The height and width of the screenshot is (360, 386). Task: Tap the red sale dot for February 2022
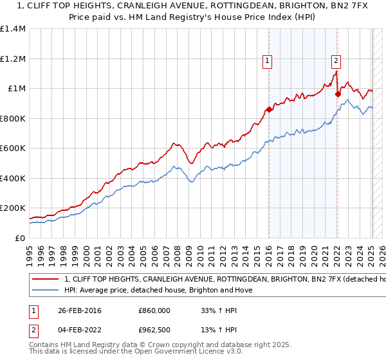[338, 94]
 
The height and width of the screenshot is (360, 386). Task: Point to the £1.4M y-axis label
[13, 29]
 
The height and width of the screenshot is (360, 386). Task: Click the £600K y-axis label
[13, 148]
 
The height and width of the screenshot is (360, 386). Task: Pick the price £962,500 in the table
[156, 330]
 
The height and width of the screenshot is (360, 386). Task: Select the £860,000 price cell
[156, 310]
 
